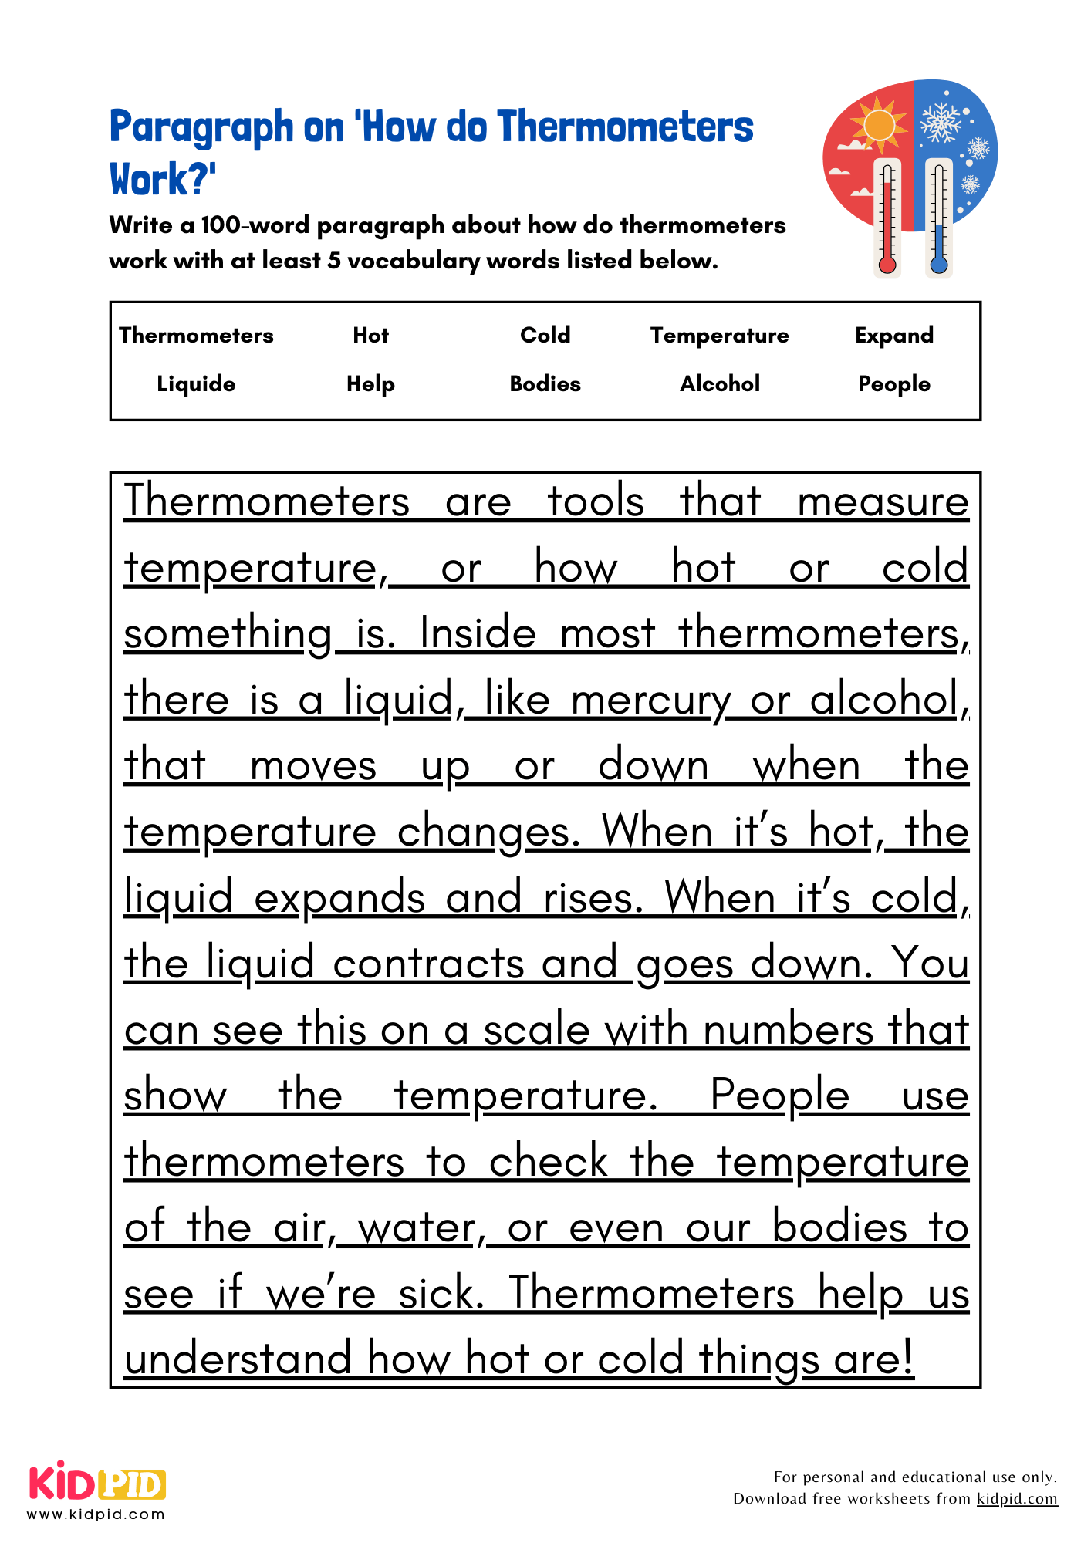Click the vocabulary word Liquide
[196, 383]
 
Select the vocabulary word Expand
[894, 335]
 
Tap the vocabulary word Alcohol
[720, 383]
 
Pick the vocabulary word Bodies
[545, 383]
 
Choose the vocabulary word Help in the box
[370, 383]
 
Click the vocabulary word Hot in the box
[370, 335]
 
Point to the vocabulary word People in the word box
[894, 383]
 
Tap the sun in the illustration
[878, 126]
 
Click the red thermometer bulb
[887, 265]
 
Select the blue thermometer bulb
[939, 265]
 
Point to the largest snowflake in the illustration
[941, 122]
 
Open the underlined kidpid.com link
[1017, 1498]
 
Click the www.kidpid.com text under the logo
[96, 1514]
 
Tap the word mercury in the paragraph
[650, 701]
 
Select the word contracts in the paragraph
[428, 964]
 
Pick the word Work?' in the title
[163, 179]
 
